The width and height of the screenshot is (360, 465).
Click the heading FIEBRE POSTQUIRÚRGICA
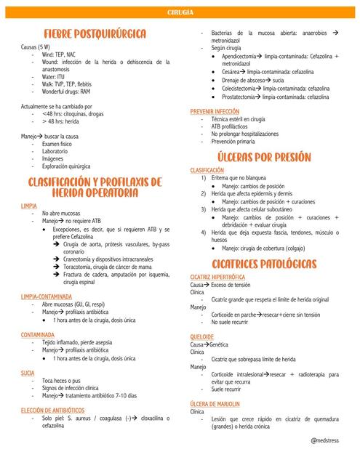(95, 34)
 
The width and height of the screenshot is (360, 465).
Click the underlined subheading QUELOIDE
(201, 337)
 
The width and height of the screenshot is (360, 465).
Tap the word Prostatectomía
(240, 96)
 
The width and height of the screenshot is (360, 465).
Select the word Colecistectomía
(241, 88)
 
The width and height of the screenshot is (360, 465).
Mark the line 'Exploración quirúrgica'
(66, 166)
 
